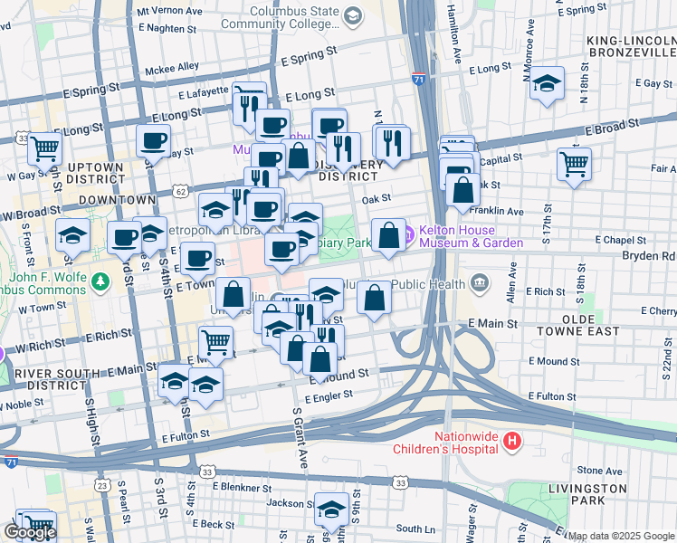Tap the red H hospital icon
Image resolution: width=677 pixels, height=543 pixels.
[x=512, y=442]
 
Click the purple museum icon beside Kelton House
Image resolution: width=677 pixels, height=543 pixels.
[x=409, y=236]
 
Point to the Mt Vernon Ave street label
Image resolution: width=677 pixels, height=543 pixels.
[x=168, y=11]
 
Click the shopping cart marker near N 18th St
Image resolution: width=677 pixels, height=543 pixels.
[x=574, y=165]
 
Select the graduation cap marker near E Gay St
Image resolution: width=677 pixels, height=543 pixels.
[x=547, y=84]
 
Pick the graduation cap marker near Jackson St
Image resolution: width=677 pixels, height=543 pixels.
[x=331, y=509]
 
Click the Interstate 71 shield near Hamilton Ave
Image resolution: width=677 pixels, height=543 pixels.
[x=418, y=80]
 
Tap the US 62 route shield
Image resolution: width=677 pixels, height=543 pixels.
[x=181, y=192]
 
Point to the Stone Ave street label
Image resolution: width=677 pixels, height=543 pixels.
[x=600, y=471]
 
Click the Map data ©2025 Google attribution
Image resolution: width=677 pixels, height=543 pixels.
[x=622, y=536]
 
